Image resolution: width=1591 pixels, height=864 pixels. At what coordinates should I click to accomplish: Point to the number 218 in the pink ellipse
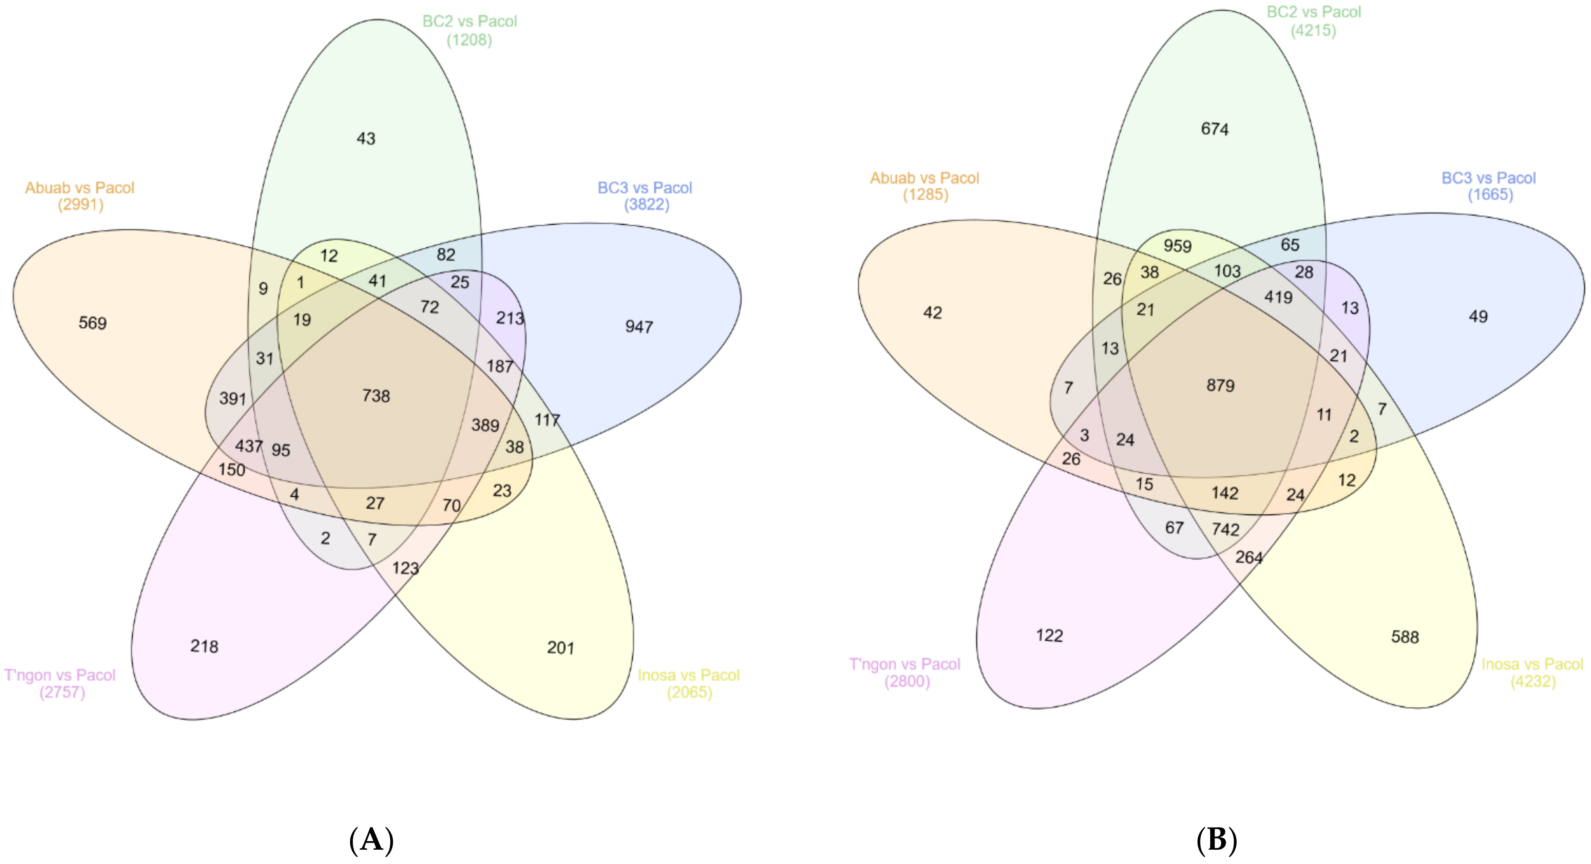point(204,646)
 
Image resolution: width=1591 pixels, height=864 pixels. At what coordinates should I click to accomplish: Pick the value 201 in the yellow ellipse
point(560,648)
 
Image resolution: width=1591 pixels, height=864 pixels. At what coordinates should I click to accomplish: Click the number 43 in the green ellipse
point(366,138)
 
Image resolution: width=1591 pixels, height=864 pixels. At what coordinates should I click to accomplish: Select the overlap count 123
point(405,568)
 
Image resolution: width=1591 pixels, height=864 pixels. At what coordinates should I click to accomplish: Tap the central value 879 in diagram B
point(1220,385)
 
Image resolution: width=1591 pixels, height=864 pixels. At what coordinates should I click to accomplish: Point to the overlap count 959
point(1177,246)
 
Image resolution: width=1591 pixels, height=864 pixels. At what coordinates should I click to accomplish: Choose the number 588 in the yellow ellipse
point(1405,637)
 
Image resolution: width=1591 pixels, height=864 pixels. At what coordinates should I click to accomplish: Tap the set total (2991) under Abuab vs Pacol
point(80,205)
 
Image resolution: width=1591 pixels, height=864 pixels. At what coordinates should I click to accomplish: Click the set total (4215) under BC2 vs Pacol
point(1313,30)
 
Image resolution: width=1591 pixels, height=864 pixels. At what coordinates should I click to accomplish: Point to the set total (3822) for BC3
point(646,205)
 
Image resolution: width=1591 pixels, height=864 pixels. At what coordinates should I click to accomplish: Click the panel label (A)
point(371,840)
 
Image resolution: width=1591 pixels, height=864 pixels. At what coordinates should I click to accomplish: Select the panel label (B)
point(1216,840)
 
